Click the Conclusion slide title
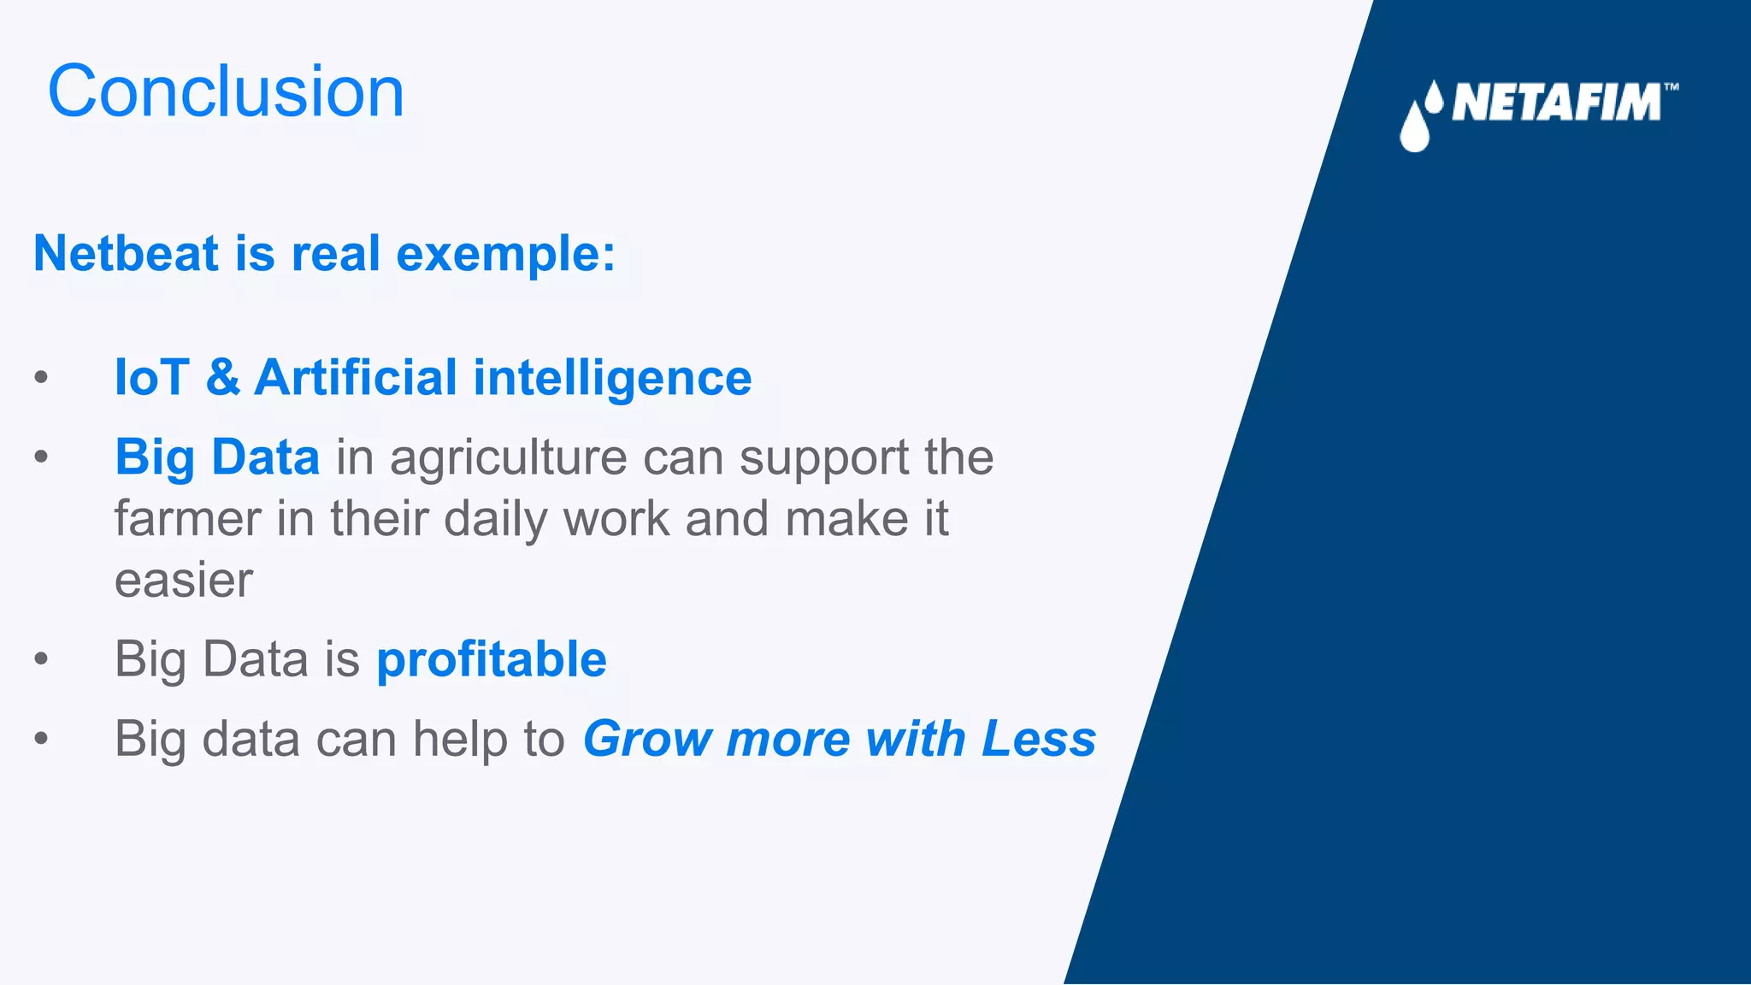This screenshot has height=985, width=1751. click(x=226, y=91)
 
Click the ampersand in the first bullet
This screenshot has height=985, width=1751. click(x=222, y=377)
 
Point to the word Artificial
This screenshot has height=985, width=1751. click(x=356, y=377)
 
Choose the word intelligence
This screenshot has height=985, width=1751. click(x=612, y=379)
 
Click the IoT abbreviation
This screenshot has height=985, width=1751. click(x=151, y=377)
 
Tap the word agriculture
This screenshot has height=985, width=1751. click(x=508, y=458)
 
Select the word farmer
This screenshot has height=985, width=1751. click(x=187, y=519)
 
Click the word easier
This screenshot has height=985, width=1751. click(x=184, y=581)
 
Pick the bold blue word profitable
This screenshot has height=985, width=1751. click(x=492, y=660)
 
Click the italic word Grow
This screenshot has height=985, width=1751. click(x=647, y=739)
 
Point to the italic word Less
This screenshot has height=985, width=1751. click(x=1039, y=739)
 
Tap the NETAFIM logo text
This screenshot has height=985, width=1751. click(x=1556, y=103)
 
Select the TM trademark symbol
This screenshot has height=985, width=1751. click(x=1671, y=86)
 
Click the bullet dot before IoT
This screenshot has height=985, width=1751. click(x=41, y=377)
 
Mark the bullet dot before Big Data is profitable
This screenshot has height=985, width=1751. click(x=41, y=659)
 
